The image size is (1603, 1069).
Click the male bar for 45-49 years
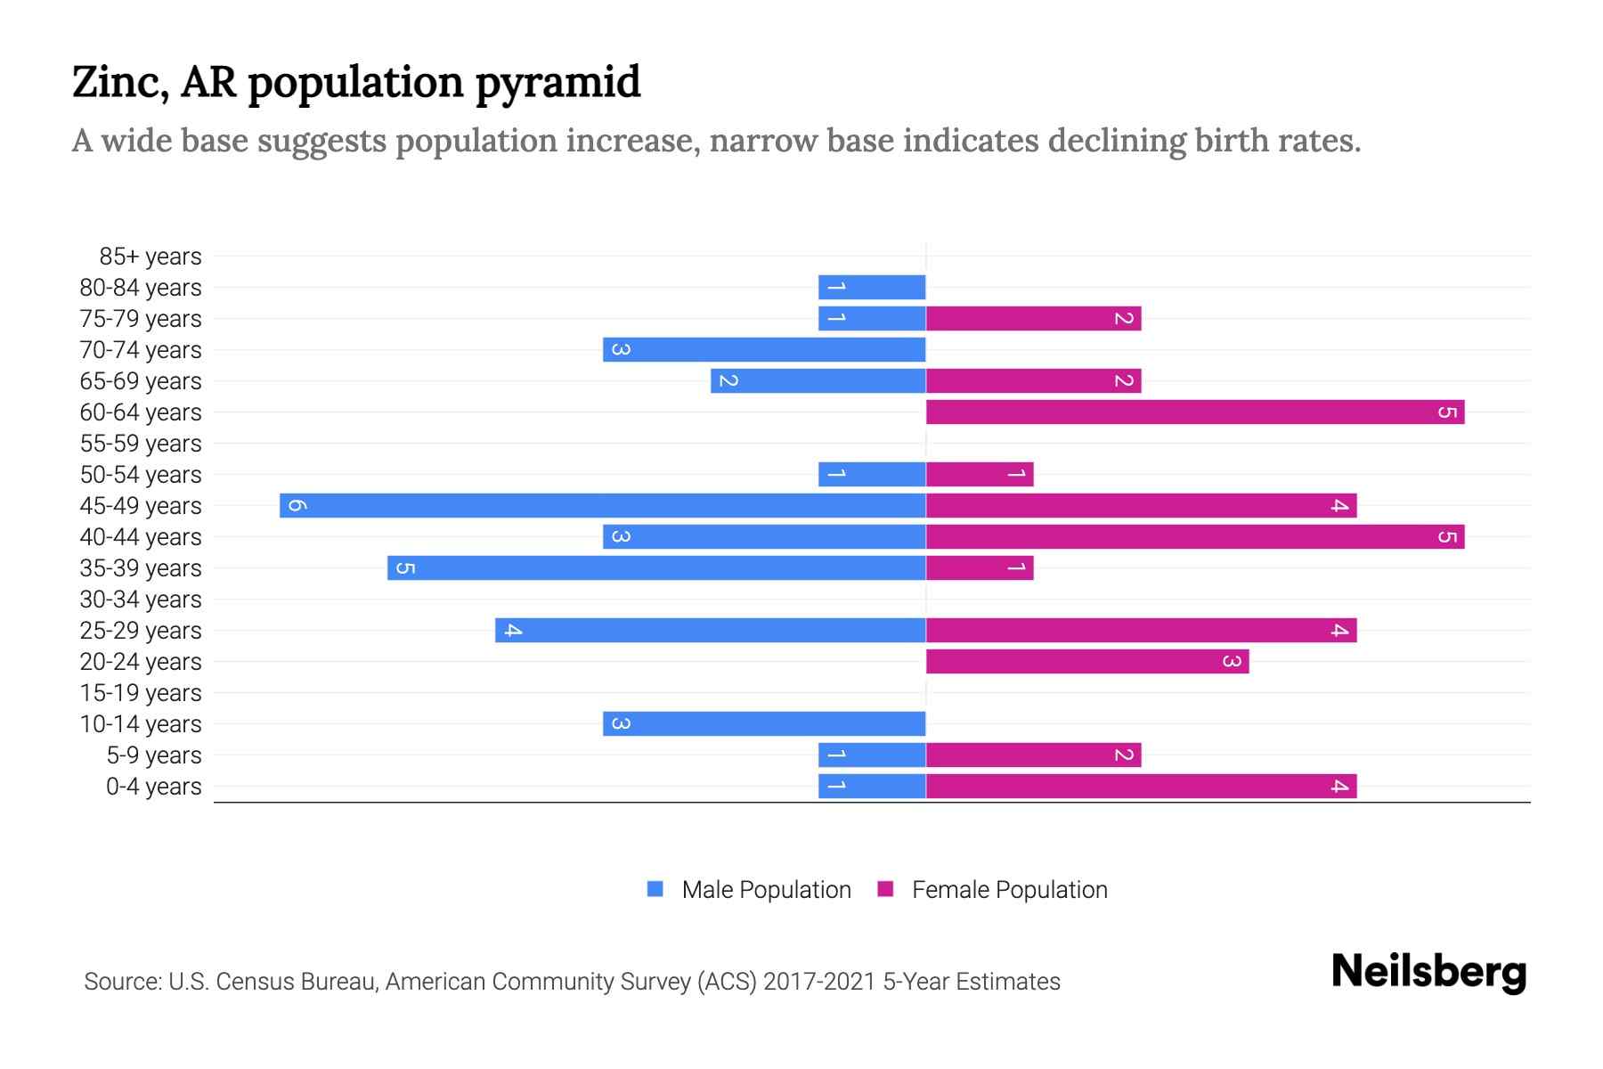(x=602, y=505)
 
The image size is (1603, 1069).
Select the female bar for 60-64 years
(x=1194, y=412)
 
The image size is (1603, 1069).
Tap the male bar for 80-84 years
(x=872, y=287)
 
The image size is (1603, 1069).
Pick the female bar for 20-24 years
(x=1086, y=661)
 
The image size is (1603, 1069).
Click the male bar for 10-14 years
(x=764, y=723)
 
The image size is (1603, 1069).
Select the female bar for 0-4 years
(x=1141, y=786)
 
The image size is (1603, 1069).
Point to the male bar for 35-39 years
(x=656, y=567)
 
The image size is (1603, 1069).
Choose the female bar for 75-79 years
(x=1033, y=318)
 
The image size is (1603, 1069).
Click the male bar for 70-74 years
(x=764, y=349)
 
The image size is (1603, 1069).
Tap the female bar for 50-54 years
(x=980, y=474)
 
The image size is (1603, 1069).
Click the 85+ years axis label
(x=150, y=257)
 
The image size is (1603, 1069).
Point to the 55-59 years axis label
(x=141, y=444)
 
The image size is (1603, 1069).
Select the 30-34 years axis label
(x=141, y=600)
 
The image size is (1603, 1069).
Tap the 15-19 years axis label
(x=141, y=693)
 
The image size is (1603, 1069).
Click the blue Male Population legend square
(x=655, y=889)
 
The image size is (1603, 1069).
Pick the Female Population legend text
(x=1009, y=890)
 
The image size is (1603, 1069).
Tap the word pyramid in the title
(x=557, y=83)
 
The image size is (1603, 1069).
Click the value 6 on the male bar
(x=297, y=505)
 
